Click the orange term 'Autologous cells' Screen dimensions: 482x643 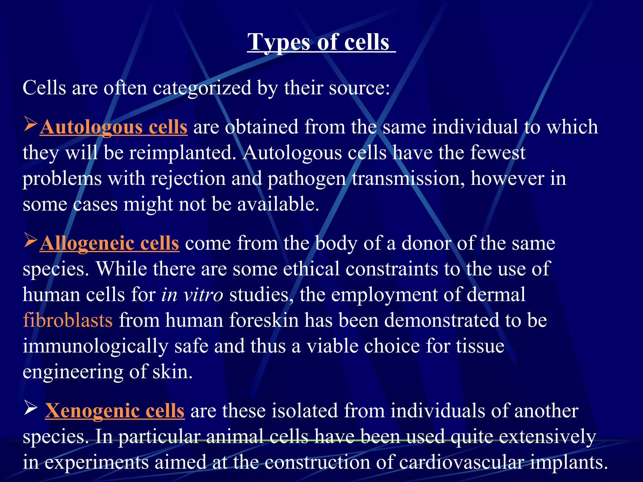click(114, 127)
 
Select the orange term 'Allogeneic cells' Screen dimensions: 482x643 click(110, 244)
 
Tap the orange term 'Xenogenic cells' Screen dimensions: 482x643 click(115, 411)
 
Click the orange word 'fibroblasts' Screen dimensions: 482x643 click(68, 320)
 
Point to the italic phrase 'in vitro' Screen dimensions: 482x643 click(192, 295)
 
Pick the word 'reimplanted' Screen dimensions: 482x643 click(182, 153)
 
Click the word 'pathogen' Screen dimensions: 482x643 click(306, 179)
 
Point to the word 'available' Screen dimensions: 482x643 click(278, 205)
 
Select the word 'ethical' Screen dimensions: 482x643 click(311, 269)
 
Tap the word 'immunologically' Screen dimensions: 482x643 click(95, 346)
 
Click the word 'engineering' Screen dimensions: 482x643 click(73, 372)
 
